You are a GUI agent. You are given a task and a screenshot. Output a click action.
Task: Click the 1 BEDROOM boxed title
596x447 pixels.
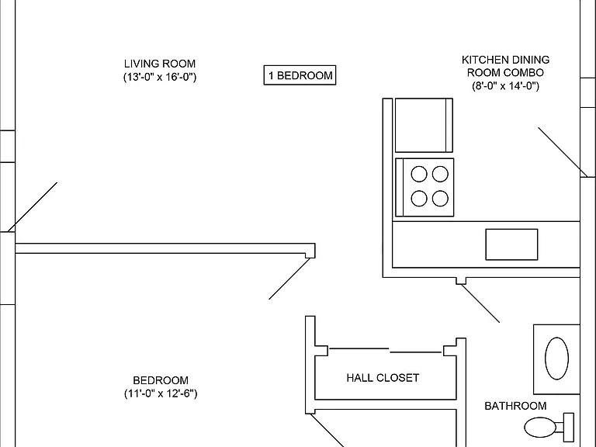tap(300, 75)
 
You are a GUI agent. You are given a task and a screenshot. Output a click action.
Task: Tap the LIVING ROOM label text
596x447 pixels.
tap(160, 64)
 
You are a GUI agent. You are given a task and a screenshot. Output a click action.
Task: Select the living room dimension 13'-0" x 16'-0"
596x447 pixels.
tap(160, 77)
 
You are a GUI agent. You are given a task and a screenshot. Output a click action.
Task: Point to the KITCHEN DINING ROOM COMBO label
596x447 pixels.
tap(505, 66)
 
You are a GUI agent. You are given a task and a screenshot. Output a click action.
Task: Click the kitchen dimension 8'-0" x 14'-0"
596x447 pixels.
tap(505, 86)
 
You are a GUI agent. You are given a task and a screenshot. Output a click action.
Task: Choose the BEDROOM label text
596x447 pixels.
tap(161, 380)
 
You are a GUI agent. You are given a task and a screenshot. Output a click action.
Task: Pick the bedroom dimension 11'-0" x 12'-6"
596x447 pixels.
tap(161, 393)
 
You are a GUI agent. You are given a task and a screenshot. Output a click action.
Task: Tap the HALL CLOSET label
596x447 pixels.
tap(383, 378)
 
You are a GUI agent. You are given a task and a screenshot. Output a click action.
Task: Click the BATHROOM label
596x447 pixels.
tap(515, 406)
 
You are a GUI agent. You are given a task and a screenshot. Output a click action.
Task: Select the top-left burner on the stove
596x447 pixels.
tap(419, 174)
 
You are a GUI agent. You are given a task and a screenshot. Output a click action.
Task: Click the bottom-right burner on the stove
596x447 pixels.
tap(440, 199)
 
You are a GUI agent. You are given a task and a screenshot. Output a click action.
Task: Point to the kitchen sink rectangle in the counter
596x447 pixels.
tap(511, 244)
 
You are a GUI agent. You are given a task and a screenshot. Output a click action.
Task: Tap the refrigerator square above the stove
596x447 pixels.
tap(424, 125)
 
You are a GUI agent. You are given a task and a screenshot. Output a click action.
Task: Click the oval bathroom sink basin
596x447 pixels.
tap(557, 359)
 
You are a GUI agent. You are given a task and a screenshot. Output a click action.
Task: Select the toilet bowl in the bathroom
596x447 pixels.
tap(540, 428)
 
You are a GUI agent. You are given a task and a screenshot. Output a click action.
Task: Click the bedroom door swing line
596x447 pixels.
tap(289, 279)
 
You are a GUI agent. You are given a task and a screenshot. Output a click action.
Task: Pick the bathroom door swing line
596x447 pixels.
tap(480, 303)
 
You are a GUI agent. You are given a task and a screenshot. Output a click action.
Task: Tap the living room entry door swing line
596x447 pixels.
tap(33, 206)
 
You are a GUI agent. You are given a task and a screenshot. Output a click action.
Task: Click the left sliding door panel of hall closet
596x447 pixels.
tap(359, 348)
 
